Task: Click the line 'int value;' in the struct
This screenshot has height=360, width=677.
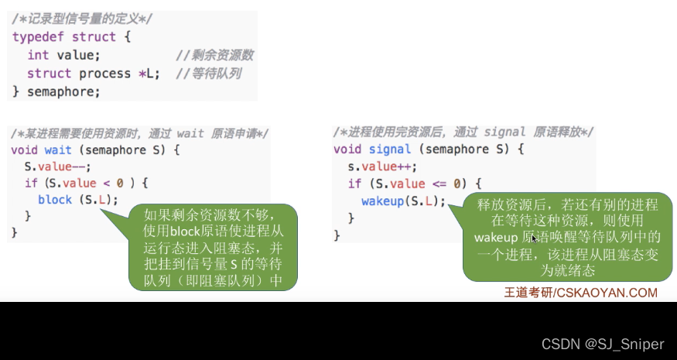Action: [63, 55]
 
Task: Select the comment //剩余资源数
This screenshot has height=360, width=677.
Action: [214, 55]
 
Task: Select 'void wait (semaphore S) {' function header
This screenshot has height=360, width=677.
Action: [96, 149]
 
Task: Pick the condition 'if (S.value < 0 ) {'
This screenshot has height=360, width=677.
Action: [86, 183]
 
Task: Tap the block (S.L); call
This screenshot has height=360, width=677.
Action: [78, 200]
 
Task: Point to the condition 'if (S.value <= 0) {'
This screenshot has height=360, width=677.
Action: [415, 183]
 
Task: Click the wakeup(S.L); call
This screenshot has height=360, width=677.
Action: [404, 201]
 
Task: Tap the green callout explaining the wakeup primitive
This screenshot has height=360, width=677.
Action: [568, 236]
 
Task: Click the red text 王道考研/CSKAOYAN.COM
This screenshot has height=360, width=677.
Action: [580, 293]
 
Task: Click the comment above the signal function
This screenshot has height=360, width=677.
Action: [463, 132]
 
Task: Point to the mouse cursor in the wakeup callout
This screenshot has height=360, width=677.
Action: [534, 239]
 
